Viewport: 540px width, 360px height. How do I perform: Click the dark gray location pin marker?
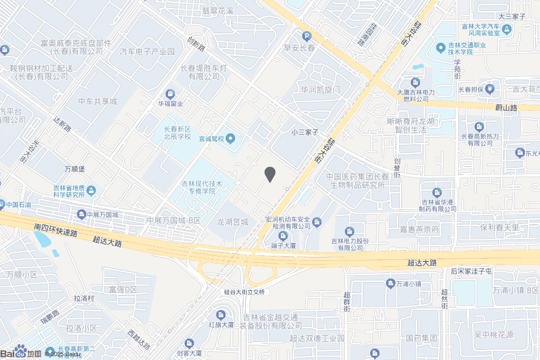click(x=269, y=174)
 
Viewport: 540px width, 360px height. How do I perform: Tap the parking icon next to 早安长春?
click(x=306, y=36)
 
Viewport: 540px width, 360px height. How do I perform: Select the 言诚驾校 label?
click(x=211, y=139)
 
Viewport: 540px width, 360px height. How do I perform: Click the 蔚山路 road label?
click(x=506, y=108)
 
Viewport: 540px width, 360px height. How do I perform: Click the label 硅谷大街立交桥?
click(x=244, y=292)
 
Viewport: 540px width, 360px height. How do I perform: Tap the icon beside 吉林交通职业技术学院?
click(x=441, y=48)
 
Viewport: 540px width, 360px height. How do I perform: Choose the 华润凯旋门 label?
click(x=321, y=90)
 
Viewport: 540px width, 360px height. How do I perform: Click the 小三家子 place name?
click(x=305, y=132)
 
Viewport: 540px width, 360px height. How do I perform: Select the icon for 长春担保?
click(x=490, y=89)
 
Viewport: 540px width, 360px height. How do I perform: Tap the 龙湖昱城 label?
click(x=233, y=222)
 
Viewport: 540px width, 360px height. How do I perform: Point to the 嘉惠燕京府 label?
click(x=419, y=230)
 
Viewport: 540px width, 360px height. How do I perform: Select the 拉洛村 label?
click(x=84, y=298)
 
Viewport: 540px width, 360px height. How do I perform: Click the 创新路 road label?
click(x=196, y=44)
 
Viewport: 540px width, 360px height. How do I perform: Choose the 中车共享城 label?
click(x=98, y=101)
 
